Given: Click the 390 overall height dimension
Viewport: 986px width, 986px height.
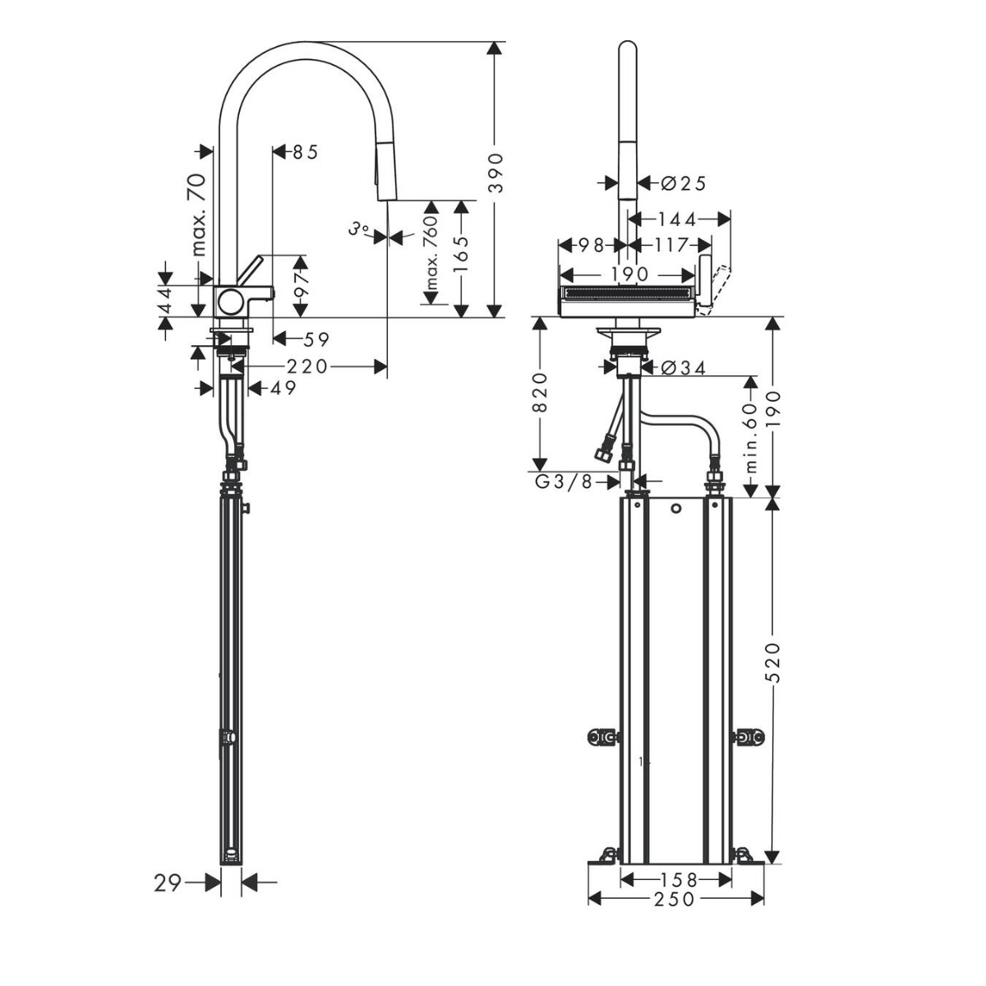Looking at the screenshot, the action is pos(495,173).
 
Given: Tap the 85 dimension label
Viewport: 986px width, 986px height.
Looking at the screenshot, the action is pos(306,152).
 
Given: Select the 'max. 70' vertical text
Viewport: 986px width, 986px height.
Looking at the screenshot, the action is pos(198,214).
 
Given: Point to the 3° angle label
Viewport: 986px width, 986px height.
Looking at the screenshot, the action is pos(359,228).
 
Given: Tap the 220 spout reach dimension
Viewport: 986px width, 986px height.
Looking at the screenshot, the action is pos(307,366).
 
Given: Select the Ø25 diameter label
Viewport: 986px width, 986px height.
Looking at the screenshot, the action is pos(683,183).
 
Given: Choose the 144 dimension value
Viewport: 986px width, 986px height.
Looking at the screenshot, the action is pos(676,219).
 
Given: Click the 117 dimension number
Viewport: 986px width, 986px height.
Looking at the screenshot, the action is pos(670,245).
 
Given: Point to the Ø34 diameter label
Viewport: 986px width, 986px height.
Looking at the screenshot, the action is pos(683,367).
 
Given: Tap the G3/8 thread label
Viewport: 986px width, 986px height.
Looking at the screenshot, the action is pos(564,481).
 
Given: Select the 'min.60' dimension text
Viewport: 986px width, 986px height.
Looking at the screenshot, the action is pos(751,437).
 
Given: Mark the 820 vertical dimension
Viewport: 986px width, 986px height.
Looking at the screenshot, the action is pos(540,393).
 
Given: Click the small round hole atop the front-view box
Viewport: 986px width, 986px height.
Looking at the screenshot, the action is pos(676,509).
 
